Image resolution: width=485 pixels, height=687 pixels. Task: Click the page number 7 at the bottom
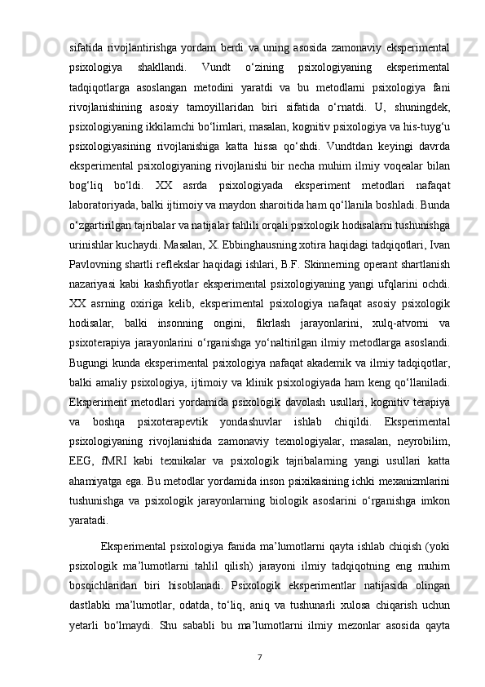258,656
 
